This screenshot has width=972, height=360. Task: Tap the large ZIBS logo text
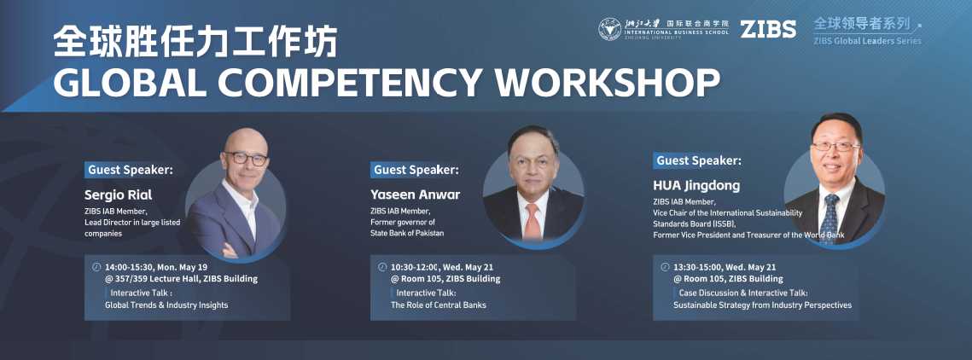point(768,29)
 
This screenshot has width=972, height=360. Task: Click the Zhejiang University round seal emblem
point(610,29)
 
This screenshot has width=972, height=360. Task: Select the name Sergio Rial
point(119,195)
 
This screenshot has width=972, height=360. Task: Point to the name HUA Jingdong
point(696,185)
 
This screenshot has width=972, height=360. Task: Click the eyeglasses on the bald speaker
point(247,158)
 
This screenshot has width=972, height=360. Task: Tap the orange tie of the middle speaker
point(533,221)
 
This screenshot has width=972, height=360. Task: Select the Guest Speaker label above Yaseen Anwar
point(415,170)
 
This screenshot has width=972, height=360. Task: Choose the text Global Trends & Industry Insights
point(166,305)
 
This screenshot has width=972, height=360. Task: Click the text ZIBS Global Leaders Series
point(867,41)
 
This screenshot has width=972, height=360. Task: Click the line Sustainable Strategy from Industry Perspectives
point(762,305)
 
